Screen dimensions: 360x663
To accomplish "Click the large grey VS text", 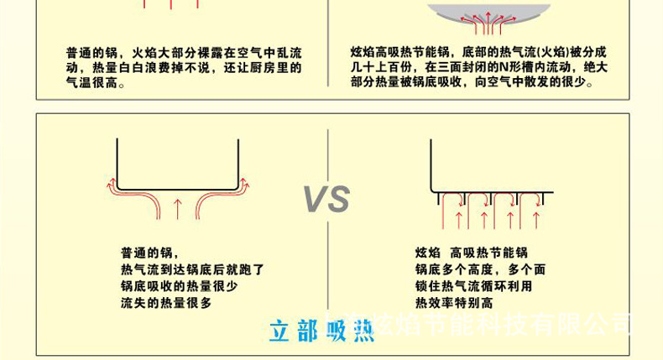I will [326, 200].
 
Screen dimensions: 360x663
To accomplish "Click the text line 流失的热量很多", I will [166, 302].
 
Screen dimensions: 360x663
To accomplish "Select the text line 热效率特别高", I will [454, 302].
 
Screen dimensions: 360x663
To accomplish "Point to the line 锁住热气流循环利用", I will [473, 285].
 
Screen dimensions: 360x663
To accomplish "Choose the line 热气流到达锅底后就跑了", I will [192, 269].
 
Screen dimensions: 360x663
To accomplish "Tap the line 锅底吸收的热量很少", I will [179, 285].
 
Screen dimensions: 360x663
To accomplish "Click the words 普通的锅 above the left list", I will [149, 253].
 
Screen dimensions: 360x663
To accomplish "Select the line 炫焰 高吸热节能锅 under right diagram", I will [471, 253].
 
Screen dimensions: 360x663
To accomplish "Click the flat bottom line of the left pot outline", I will [177, 188].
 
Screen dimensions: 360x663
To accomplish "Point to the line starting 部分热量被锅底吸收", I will [472, 82].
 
